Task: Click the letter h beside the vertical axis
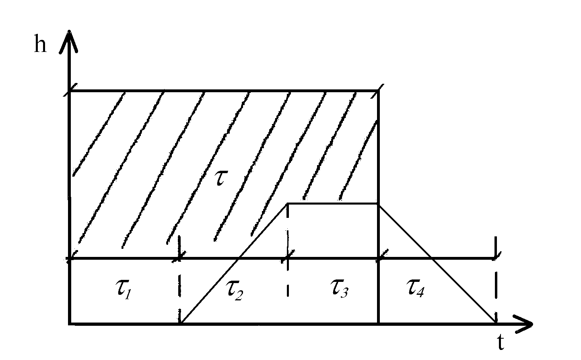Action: (40, 45)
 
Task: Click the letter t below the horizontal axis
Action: (501, 343)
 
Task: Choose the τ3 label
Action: (339, 289)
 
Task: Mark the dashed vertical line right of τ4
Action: (496, 290)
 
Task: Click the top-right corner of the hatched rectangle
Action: (378, 91)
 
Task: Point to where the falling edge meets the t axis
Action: (495, 323)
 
